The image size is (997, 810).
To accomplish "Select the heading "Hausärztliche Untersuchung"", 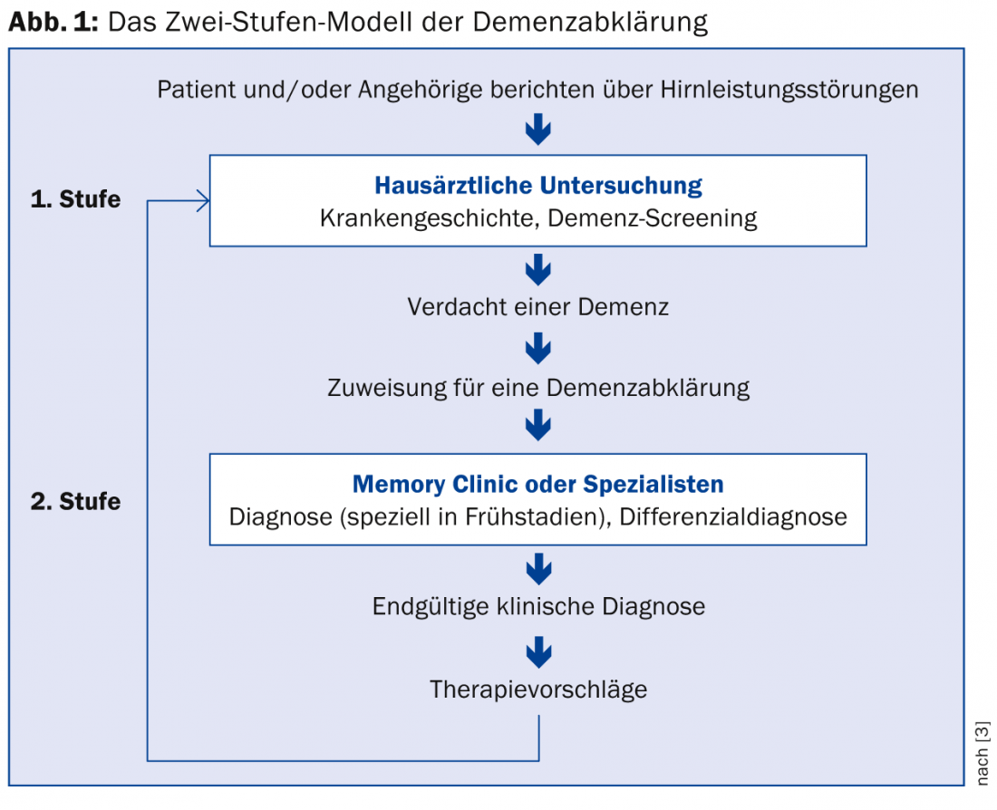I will pos(538,186).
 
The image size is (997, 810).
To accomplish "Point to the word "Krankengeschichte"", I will pos(418,218).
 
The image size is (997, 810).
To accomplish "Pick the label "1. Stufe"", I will pos(75,199).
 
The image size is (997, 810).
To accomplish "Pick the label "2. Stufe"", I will pos(75,501).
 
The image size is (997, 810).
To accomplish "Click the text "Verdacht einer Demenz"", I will pos(538,306).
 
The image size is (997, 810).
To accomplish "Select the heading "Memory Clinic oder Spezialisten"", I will pos(538,483).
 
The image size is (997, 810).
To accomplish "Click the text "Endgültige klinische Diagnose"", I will pos(538,606).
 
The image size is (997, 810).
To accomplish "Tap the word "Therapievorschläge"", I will pos(538,689).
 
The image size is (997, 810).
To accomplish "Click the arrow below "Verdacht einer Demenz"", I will pos(538,347).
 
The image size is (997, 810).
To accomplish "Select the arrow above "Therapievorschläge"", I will pos(538,650).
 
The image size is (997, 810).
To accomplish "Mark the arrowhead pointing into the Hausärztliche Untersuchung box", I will pos(203,201).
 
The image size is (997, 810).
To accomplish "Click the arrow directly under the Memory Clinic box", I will pos(538,568).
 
